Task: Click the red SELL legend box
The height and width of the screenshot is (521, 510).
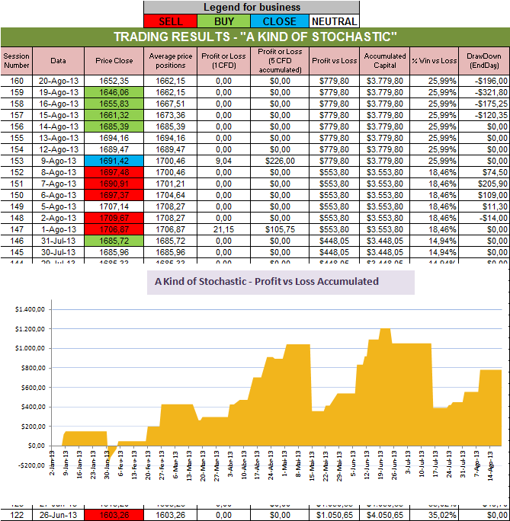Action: point(169,21)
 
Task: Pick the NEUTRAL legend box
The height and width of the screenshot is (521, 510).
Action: point(332,21)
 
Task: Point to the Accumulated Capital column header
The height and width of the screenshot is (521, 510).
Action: point(384,60)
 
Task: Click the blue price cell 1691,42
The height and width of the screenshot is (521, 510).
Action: point(114,161)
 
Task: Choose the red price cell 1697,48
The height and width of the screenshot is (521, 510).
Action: point(114,172)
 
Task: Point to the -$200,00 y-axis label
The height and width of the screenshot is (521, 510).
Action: point(27,465)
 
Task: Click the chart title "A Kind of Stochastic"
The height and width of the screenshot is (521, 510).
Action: point(266,281)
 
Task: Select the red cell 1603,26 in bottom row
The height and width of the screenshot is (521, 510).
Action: point(114,516)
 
